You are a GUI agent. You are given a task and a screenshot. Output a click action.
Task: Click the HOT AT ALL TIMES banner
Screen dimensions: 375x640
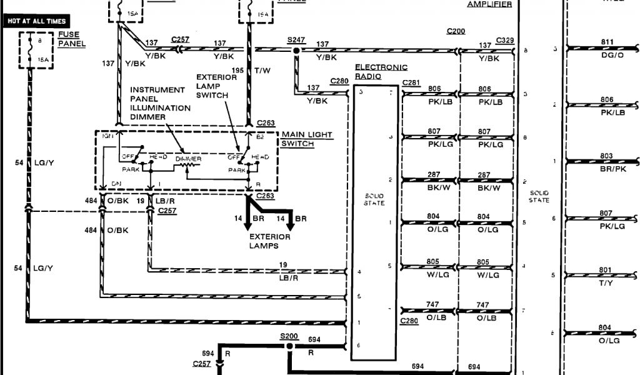(x=37, y=21)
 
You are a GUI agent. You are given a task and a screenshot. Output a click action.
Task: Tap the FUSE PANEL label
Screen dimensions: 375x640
(x=71, y=40)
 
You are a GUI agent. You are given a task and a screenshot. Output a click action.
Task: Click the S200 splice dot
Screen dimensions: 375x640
(x=289, y=346)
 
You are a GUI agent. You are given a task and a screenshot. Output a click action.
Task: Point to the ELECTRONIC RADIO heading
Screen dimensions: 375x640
(x=381, y=72)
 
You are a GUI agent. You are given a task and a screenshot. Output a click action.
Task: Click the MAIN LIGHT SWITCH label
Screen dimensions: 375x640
(x=307, y=139)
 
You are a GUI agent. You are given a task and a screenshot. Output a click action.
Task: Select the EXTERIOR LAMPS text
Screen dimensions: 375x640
(x=270, y=241)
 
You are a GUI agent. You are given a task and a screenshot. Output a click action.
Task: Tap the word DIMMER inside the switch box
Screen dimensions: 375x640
(x=188, y=159)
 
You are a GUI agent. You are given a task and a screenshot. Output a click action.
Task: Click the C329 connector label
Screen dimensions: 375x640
(x=505, y=40)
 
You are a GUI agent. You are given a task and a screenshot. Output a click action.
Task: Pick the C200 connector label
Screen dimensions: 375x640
(x=456, y=31)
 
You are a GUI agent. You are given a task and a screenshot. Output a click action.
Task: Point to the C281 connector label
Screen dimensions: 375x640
(x=411, y=82)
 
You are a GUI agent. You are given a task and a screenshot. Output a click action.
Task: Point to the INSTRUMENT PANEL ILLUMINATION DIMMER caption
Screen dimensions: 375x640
(x=160, y=103)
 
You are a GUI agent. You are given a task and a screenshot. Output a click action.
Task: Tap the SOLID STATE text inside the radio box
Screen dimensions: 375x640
(x=374, y=200)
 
